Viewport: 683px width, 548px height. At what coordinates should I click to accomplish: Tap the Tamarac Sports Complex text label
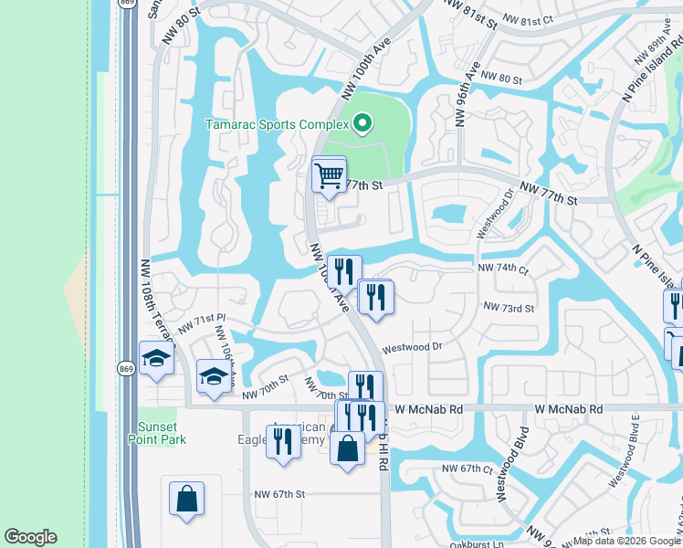tap(277, 124)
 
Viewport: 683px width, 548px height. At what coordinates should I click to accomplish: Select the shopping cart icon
tap(328, 174)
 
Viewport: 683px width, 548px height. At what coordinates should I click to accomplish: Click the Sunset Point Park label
tap(162, 433)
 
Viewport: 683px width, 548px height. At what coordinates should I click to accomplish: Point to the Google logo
tap(30, 537)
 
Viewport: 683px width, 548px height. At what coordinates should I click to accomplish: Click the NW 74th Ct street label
tap(503, 269)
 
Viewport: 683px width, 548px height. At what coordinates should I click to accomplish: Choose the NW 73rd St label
tap(509, 309)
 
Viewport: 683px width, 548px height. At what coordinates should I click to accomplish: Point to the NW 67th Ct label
tap(468, 469)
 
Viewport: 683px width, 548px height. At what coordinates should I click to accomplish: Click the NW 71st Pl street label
tap(201, 322)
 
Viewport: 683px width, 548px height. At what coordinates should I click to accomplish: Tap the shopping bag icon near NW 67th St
tap(186, 499)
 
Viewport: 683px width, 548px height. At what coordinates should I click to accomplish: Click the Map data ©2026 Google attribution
tap(625, 541)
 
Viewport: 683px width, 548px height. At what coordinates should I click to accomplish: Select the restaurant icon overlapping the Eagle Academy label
tap(283, 441)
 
